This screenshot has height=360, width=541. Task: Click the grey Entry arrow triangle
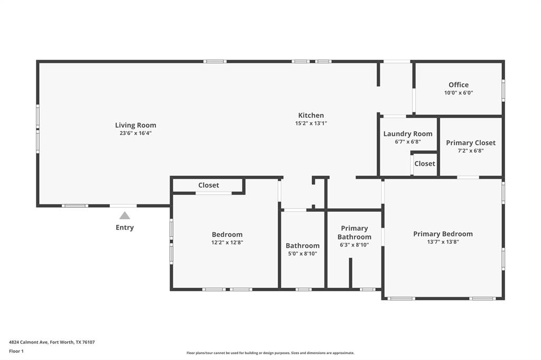click(125, 215)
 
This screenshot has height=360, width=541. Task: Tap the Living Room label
click(136, 125)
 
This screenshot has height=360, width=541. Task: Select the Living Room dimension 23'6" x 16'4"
click(136, 133)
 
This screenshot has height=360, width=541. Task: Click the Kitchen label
click(311, 115)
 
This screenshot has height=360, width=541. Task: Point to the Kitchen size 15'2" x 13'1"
click(311, 123)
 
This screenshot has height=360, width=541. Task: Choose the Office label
click(459, 84)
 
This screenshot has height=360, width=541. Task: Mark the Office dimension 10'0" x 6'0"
click(459, 92)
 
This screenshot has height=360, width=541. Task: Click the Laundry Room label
click(408, 134)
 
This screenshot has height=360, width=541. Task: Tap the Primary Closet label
click(471, 143)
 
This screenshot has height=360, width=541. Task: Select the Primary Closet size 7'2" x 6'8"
click(471, 150)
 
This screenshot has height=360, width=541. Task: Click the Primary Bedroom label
click(443, 234)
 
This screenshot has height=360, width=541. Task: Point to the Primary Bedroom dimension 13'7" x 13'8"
click(443, 242)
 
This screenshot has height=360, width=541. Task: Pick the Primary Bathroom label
click(355, 233)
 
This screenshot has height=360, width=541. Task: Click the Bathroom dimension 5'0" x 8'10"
click(303, 253)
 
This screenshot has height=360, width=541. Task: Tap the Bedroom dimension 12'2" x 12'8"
click(227, 242)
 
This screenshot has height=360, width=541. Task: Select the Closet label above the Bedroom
click(209, 185)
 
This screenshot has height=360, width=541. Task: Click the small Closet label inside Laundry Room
click(425, 164)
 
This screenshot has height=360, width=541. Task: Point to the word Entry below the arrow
click(125, 228)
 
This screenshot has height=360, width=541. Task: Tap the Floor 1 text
click(16, 351)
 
